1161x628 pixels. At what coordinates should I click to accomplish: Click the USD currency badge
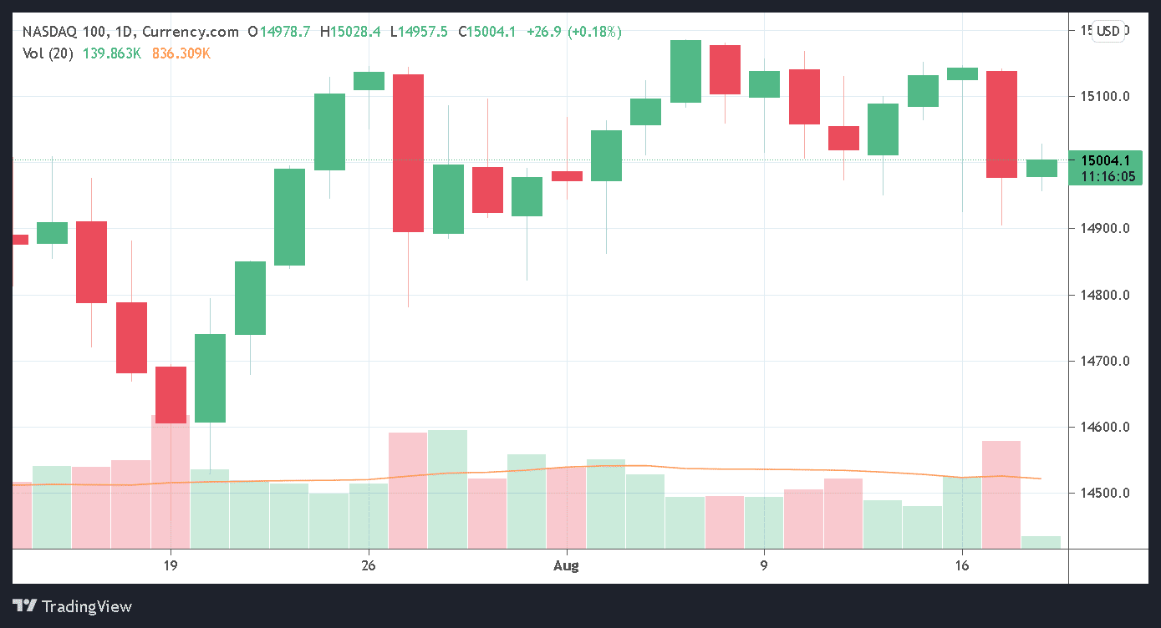(1108, 31)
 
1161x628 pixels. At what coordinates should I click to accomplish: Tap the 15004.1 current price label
(1105, 160)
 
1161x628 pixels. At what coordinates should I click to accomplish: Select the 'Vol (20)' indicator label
(48, 53)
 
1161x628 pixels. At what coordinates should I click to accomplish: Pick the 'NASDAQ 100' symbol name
(62, 32)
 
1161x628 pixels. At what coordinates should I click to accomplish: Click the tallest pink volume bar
(171, 481)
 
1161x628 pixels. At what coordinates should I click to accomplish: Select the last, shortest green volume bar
(1041, 542)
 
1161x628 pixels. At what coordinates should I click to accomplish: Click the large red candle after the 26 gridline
(408, 153)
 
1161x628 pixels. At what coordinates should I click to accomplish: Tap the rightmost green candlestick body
(1041, 168)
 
